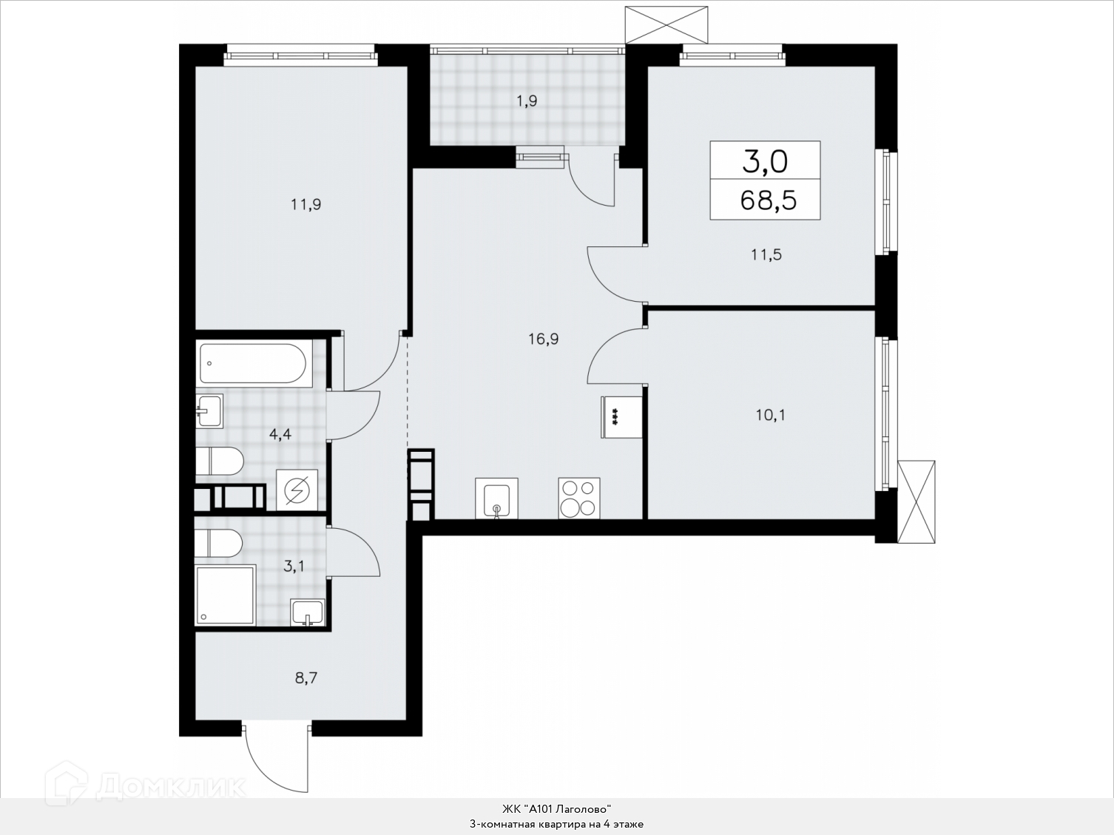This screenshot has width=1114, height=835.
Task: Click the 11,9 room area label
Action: point(306,204)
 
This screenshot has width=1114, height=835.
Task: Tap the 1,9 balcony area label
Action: point(527,101)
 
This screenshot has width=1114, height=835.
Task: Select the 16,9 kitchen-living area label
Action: point(543,339)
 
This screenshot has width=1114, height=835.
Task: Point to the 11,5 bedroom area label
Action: point(766,254)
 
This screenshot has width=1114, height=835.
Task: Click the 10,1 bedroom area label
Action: point(771,416)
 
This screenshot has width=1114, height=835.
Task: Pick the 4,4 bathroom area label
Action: point(280,434)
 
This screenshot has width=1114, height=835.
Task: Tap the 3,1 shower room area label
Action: point(294,566)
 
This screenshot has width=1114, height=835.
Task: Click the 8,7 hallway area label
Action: point(306,677)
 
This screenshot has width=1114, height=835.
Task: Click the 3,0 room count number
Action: point(765,162)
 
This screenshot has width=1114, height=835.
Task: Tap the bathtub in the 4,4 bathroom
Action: point(253,363)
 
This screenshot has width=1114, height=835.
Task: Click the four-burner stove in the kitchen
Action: point(579,498)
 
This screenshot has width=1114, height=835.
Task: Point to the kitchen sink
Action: point(496,498)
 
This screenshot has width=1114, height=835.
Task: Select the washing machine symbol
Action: point(297,490)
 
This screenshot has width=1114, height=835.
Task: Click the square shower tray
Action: point(226,595)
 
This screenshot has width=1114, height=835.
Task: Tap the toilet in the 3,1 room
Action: point(218,544)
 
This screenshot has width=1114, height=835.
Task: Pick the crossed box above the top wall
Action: point(666,25)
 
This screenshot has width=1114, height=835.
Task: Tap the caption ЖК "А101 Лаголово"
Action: point(557,808)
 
